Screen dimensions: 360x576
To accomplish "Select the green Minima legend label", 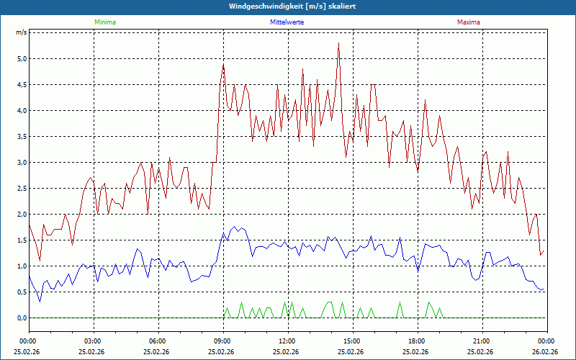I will (x=104, y=22).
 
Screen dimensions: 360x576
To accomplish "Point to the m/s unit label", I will (x=21, y=32).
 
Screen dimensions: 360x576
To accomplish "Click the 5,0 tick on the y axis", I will (x=21, y=58).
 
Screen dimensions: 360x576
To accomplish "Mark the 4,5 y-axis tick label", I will (x=21, y=84).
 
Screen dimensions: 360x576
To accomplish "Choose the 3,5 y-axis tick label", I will (x=21, y=136).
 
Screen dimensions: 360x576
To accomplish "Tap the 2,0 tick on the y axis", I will (x=21, y=214).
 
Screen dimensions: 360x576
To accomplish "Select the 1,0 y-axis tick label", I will (x=21, y=266).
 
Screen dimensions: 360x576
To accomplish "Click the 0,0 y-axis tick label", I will (x=21, y=318).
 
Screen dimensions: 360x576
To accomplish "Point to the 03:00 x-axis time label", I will (x=93, y=341).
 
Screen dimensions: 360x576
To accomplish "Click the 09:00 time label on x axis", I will (x=222, y=341).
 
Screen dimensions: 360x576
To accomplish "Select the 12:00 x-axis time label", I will (x=287, y=341).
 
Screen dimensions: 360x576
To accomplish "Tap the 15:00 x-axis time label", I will (x=351, y=341).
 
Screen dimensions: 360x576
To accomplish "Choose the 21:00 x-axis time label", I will (x=481, y=341).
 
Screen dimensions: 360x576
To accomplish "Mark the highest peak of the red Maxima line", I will (x=338, y=43).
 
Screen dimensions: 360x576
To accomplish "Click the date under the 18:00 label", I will (x=416, y=351).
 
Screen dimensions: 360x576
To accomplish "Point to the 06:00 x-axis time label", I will (x=158, y=341).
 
